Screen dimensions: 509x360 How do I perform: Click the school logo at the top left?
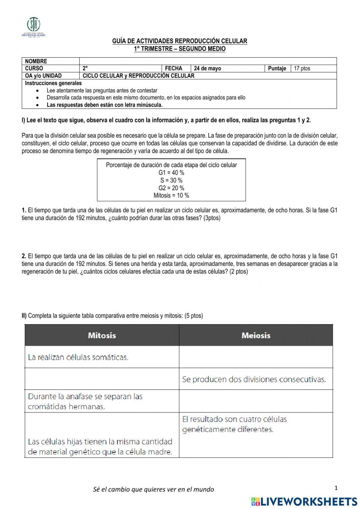coord(33,26)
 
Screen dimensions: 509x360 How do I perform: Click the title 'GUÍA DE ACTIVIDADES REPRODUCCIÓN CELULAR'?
coord(180,41)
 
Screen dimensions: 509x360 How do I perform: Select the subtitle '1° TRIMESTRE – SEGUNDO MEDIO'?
coord(180,49)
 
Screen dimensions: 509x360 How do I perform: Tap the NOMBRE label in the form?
coord(36,61)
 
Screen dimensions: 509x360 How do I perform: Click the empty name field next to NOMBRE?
coord(208,61)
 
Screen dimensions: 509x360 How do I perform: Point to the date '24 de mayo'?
coord(207,68)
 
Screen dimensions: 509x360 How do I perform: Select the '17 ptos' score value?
coord(302,68)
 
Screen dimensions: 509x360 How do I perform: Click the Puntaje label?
coord(277,68)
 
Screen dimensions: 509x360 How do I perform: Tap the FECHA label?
coord(174,68)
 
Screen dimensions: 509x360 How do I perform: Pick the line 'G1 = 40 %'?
coord(171,173)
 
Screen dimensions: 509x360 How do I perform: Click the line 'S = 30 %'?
coord(171,180)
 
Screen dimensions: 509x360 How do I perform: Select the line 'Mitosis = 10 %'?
coord(171,196)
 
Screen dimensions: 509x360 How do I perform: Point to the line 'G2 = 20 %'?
coord(171,188)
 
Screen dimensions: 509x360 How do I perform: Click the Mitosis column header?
coord(102,335)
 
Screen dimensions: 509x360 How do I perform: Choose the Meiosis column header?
coord(256,335)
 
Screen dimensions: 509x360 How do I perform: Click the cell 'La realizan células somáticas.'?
coord(78,357)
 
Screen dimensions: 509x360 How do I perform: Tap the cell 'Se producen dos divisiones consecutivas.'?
coord(254,379)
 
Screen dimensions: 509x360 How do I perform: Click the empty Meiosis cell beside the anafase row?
coord(256,401)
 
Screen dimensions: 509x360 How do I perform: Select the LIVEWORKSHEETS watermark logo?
coord(304,501)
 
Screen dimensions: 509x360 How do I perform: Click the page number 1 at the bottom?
coord(336,488)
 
